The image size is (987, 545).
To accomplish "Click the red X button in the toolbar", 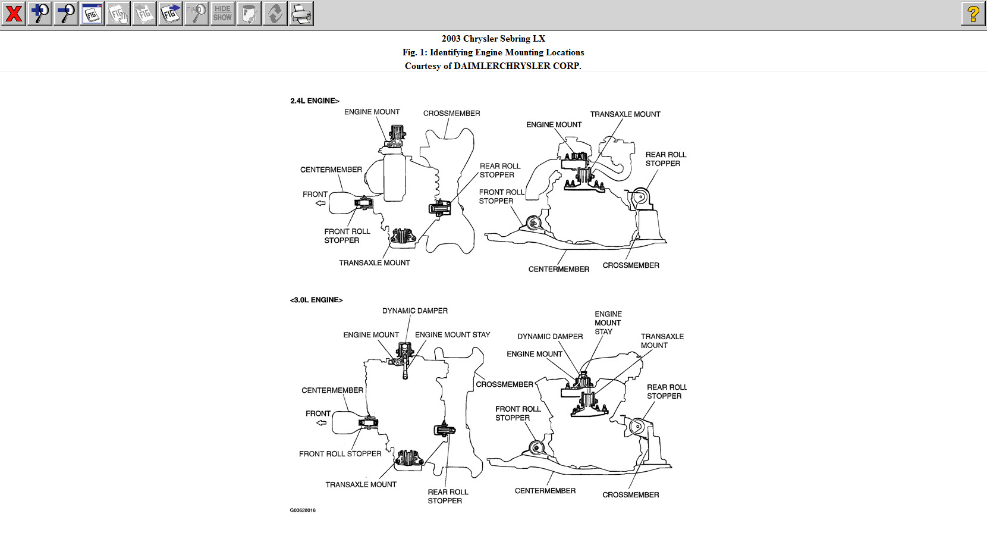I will (14, 14).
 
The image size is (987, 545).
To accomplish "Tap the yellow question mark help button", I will (973, 14).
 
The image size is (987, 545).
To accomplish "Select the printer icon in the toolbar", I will (301, 14).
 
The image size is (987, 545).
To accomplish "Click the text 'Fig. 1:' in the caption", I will (414, 52).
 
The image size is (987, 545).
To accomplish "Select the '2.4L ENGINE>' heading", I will (315, 101).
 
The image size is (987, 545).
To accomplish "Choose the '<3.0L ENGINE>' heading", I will (316, 300).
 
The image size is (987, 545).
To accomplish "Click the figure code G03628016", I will (303, 510).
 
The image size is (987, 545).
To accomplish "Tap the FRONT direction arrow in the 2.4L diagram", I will (320, 203).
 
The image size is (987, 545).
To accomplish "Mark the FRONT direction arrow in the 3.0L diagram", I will (322, 423).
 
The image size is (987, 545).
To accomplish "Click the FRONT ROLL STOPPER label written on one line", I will (340, 454).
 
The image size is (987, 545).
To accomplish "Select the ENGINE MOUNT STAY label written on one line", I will (452, 335).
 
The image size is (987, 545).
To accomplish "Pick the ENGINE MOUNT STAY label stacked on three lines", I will (608, 323).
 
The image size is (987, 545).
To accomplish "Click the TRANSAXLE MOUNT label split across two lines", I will (662, 341).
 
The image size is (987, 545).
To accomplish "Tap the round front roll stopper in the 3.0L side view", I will (537, 449).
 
